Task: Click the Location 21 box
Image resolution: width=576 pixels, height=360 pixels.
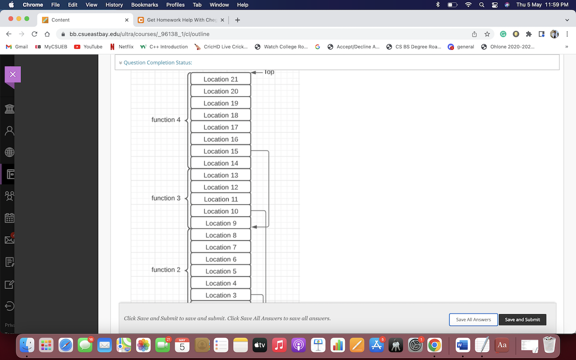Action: [220, 79]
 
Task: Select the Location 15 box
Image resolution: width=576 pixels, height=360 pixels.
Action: [220, 151]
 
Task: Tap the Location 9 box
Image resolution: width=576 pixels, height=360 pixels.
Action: [220, 223]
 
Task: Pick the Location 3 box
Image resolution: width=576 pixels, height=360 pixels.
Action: [220, 295]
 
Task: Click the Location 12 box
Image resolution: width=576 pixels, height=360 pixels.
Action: [220, 187]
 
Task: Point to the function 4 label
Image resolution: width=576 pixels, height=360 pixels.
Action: [166, 120]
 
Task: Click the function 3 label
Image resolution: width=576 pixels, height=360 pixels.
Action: [166, 198]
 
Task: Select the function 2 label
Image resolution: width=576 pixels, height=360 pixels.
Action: [166, 270]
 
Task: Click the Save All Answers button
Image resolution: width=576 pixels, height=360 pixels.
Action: [473, 319]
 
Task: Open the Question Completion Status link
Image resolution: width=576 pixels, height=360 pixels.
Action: [157, 63]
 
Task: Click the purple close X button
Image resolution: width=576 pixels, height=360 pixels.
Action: [13, 75]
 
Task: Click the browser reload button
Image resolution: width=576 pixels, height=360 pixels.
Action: [34, 34]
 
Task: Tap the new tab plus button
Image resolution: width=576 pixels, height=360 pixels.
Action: [238, 20]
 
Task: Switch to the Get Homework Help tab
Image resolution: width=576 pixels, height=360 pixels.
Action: [180, 20]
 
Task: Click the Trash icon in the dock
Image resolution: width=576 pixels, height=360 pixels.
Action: [549, 345]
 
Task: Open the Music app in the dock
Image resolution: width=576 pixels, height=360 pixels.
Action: [279, 345]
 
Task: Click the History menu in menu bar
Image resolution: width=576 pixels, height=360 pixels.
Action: [114, 4]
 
